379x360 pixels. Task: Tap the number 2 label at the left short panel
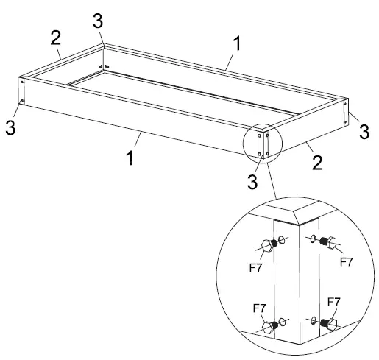point(54,36)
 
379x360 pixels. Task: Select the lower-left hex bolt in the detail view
point(268,325)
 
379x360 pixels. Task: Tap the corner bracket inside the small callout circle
point(263,142)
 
